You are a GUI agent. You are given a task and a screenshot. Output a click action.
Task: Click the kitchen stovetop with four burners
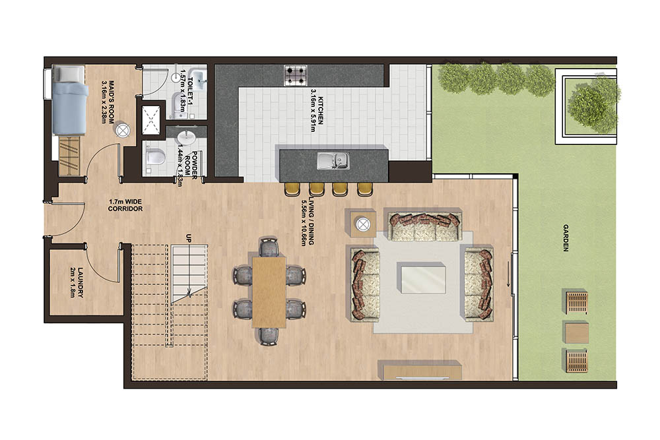296,75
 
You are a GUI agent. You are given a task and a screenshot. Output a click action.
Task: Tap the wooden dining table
269,291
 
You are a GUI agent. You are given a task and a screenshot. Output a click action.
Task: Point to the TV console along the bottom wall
418,369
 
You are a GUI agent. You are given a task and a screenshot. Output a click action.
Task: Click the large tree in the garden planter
587,106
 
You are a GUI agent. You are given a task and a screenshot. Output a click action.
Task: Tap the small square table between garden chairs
576,331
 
